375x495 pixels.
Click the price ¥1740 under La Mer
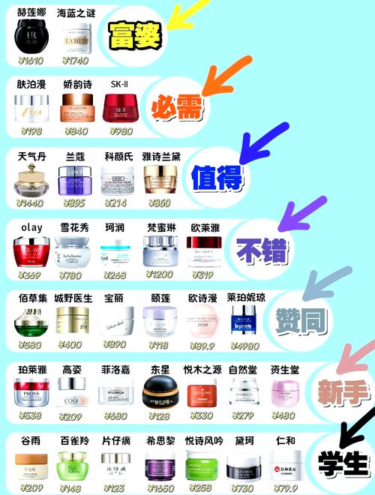pos(76,60)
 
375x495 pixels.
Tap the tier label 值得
pos(216,178)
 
